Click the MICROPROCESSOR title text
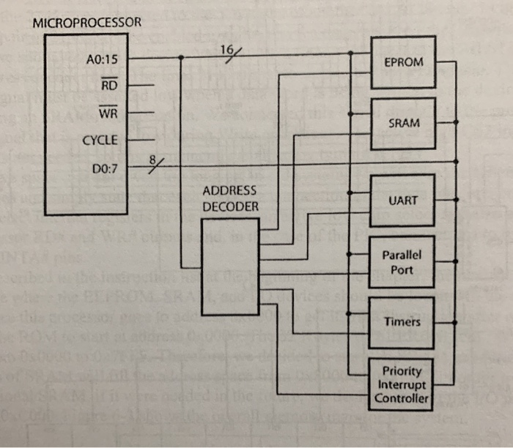86,23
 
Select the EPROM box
403,62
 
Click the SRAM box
403,123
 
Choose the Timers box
403,322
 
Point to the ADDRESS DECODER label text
230,198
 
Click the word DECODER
230,206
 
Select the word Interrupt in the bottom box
402,384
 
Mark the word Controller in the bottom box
402,398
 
